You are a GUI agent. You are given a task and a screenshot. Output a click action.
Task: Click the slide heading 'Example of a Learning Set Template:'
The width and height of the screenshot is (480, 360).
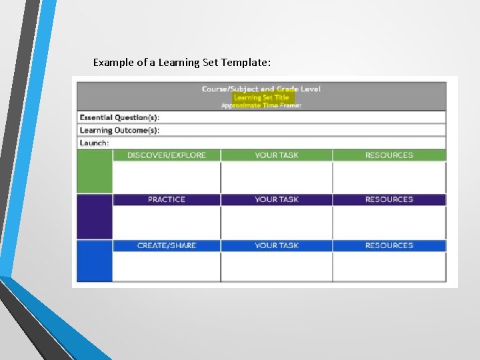tap(181, 63)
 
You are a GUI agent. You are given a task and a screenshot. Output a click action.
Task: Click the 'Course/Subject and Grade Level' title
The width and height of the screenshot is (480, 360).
tap(261, 89)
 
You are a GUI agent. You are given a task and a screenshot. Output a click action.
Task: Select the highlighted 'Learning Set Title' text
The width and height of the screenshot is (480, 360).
tap(261, 97)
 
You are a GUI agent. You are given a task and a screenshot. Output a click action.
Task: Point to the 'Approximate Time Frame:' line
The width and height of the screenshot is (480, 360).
tap(261, 105)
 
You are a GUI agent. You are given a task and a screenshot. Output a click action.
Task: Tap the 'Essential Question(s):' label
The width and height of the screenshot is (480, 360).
tap(119, 117)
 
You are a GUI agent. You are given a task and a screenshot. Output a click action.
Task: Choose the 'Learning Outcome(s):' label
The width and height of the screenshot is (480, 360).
tap(119, 130)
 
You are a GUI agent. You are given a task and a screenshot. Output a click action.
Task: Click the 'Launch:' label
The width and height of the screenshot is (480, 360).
tap(94, 143)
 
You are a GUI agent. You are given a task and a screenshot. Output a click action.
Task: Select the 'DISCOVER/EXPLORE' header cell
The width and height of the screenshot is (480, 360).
tap(167, 155)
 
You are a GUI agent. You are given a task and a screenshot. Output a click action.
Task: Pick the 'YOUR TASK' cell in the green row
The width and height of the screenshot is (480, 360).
tap(277, 155)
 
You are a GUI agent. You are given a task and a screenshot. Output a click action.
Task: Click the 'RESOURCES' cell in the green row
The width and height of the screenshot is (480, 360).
tap(389, 155)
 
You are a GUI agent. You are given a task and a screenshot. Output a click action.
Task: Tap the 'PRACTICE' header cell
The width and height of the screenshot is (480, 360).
tap(167, 199)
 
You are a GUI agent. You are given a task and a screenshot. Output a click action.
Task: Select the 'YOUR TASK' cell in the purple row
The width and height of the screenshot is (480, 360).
tap(277, 199)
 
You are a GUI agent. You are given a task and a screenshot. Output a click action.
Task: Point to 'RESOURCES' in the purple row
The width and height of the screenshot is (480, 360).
tap(389, 199)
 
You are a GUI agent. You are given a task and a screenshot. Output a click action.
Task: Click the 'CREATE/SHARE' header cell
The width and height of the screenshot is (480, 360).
tap(167, 245)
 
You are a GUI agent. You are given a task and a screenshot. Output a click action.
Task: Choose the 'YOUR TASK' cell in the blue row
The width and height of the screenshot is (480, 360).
tap(277, 245)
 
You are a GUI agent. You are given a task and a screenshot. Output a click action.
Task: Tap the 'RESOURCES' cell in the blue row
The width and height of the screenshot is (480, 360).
tap(389, 245)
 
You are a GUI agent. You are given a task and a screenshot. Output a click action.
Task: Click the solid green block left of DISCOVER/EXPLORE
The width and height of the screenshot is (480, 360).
tap(94, 172)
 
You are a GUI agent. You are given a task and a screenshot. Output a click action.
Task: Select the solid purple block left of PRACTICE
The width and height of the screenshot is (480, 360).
tap(94, 216)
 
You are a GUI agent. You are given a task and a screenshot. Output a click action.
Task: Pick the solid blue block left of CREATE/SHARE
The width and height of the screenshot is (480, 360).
tap(94, 261)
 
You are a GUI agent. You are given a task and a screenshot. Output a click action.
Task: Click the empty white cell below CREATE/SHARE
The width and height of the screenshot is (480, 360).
tap(167, 267)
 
